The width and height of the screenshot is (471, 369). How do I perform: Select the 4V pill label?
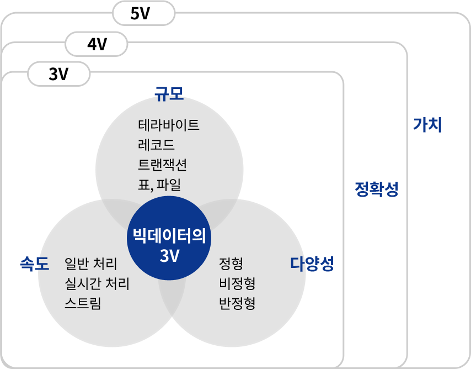[97, 44]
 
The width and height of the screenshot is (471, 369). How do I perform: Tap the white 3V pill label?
[58, 73]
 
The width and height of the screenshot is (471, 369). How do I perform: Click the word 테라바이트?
[168, 125]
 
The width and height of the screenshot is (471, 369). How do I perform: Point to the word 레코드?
[156, 145]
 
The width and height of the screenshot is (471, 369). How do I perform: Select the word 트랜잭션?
[162, 165]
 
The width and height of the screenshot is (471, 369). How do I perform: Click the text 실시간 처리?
[97, 284]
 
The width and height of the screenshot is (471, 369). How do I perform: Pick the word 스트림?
[82, 304]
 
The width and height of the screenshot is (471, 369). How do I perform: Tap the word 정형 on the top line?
[231, 263]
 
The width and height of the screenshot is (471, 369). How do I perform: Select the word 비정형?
[237, 284]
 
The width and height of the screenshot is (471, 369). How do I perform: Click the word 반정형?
[237, 304]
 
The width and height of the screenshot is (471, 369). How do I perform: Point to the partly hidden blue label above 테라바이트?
[169, 96]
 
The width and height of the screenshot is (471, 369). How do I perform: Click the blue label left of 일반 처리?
[34, 264]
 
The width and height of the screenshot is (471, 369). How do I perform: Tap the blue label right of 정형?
[311, 263]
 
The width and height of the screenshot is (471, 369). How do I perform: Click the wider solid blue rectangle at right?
[376, 189]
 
